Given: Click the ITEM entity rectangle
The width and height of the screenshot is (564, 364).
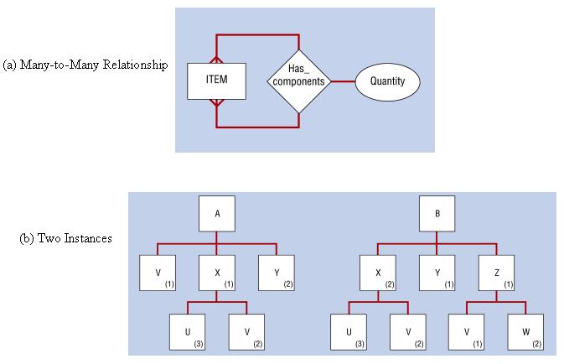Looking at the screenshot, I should (x=216, y=81).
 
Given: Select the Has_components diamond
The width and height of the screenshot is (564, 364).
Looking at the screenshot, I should (x=299, y=81).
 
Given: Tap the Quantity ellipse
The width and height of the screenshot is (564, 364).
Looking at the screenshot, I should (x=387, y=82).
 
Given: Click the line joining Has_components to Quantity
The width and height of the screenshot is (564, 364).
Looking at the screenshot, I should (x=342, y=82).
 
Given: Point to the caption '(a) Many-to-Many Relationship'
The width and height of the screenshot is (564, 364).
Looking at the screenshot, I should (x=85, y=65).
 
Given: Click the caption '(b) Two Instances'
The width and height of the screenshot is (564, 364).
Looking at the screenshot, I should (x=65, y=238).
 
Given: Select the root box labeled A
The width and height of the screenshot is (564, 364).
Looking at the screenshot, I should (x=217, y=214).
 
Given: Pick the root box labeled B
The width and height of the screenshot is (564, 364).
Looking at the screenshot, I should (x=437, y=214).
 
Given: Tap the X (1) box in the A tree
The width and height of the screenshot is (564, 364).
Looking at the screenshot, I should (x=217, y=273).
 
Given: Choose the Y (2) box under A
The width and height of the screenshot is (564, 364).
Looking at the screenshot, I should (x=276, y=273).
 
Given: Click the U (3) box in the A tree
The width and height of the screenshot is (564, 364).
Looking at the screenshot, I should (x=188, y=332).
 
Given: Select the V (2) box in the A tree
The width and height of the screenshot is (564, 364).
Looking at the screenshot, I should (x=247, y=332).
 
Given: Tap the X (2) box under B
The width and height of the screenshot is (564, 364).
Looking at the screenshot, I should (x=378, y=273).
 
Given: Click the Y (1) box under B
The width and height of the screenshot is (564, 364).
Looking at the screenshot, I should (x=437, y=273).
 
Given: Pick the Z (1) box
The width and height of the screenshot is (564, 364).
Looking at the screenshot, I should (x=495, y=273).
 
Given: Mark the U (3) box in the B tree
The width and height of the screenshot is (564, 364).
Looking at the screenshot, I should (x=349, y=332).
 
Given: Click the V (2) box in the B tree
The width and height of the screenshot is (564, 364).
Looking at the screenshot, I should (x=407, y=332).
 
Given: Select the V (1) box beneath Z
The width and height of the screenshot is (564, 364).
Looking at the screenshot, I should (x=466, y=332).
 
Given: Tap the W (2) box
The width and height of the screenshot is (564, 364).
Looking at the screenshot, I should (x=525, y=332).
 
